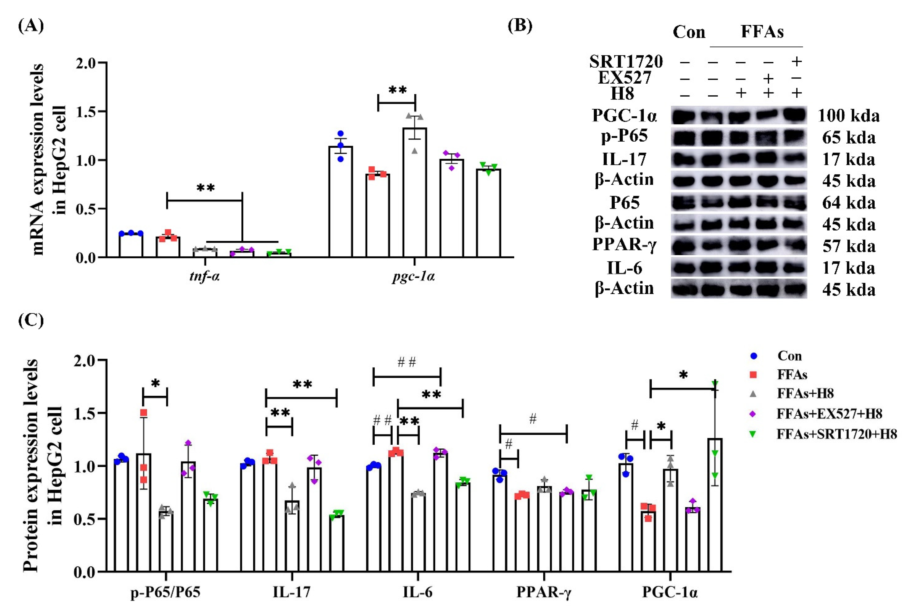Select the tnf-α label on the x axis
point(204,276)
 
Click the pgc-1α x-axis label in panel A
point(413,276)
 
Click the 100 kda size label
point(848,116)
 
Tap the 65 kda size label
point(848,138)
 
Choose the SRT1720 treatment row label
point(626,62)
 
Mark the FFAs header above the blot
point(762,32)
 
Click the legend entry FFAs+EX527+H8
point(829,413)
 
